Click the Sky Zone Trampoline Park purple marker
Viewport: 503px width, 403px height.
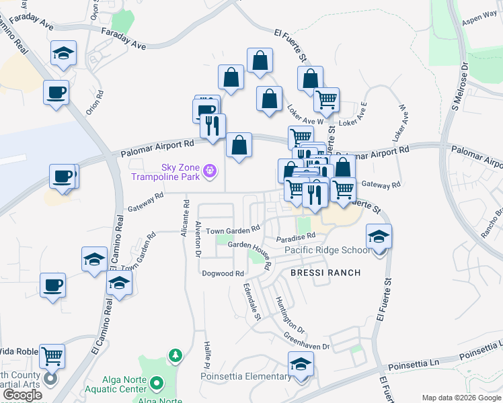pos(210,172)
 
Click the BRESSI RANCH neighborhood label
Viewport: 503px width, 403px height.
pos(325,273)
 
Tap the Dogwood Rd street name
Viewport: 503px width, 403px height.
pos(223,274)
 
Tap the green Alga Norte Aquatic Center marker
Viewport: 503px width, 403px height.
pos(157,384)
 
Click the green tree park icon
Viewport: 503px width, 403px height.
pos(175,355)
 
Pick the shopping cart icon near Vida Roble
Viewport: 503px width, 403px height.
pos(52,355)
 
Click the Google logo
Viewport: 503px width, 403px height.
pos(22,396)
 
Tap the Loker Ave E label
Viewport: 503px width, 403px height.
pos(354,115)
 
